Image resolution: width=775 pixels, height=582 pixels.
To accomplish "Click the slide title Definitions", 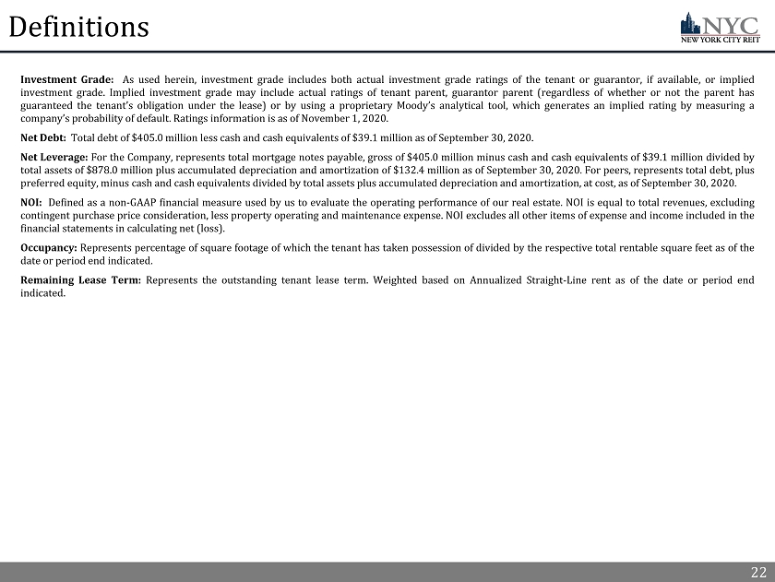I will click(78, 28).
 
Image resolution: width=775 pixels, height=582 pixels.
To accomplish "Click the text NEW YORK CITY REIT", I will click(720, 41).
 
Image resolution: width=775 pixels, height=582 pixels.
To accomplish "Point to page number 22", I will click(757, 573).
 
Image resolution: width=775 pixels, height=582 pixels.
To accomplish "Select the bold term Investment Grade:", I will click(67, 79).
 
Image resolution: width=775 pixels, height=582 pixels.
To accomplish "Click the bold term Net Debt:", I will click(42, 137).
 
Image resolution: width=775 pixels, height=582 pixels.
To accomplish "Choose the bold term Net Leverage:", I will click(55, 157).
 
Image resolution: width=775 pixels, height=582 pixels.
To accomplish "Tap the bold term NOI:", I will click(31, 202).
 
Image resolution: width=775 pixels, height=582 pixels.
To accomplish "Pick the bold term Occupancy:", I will click(49, 247).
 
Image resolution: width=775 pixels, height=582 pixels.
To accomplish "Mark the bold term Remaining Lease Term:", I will click(80, 279).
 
